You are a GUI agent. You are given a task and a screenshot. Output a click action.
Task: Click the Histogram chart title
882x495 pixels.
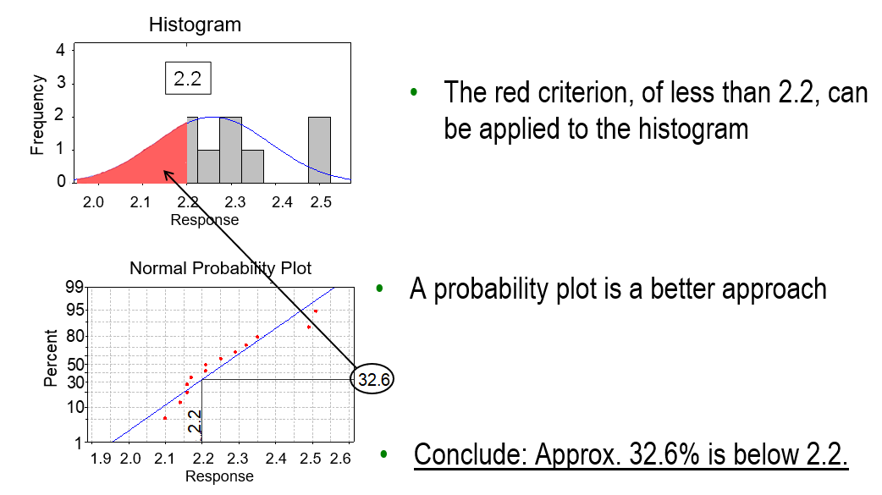point(195,25)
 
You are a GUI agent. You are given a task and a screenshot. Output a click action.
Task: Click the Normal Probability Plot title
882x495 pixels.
point(220,268)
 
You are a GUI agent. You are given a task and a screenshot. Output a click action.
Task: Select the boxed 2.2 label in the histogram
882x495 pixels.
point(188,78)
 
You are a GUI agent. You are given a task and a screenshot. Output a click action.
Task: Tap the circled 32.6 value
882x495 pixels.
point(372,379)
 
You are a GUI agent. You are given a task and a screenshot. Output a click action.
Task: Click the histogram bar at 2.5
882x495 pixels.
point(319,150)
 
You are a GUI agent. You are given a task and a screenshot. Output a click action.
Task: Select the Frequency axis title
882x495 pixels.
point(37,115)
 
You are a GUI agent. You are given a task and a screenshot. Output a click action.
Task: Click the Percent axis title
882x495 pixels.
point(51,358)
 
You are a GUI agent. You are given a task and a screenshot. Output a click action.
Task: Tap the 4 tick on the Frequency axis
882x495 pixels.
point(60,50)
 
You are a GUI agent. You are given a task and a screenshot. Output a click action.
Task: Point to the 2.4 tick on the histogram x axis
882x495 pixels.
point(282,202)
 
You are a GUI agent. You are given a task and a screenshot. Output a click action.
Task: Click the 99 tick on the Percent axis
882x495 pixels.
point(74,288)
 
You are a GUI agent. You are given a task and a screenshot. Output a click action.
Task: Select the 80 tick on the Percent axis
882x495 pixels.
point(74,337)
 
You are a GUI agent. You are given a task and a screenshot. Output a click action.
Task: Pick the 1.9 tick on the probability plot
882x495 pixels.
point(101,459)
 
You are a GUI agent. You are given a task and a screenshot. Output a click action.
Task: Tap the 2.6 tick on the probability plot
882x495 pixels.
point(340,459)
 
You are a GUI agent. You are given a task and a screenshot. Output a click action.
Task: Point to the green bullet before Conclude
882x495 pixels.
point(383,454)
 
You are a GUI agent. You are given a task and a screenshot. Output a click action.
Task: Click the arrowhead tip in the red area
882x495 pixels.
point(163,170)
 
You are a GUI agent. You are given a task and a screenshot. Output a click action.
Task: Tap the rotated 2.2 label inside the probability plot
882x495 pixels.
point(194,421)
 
